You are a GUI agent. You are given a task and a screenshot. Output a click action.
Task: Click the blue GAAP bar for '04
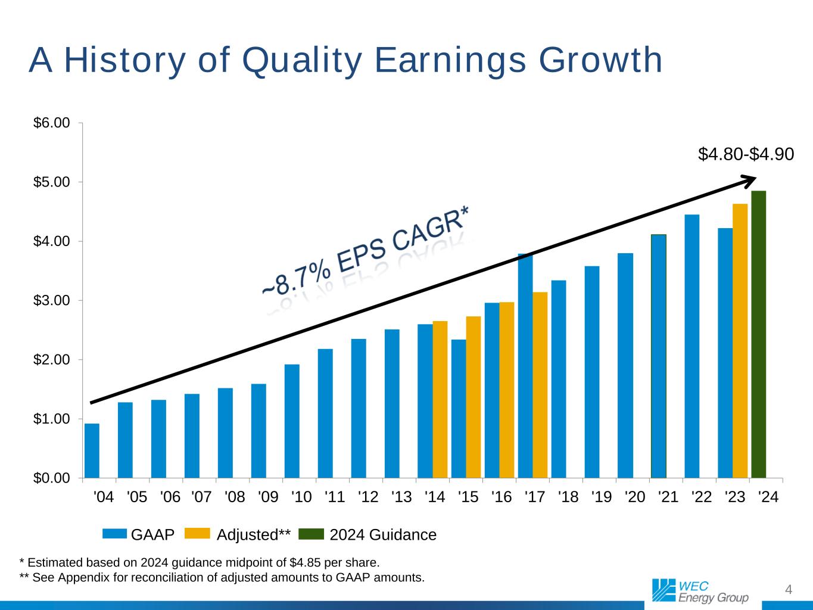click(92, 451)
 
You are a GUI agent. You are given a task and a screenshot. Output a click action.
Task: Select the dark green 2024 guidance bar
click(758, 335)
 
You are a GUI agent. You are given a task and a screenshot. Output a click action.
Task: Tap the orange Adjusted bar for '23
click(740, 341)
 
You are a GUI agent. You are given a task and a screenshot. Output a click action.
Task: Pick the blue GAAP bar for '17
click(525, 366)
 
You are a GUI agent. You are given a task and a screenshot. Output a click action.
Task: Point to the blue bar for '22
click(691, 346)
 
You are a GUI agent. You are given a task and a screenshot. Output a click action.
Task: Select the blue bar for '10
click(292, 421)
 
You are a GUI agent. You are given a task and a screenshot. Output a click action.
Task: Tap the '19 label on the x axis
click(602, 497)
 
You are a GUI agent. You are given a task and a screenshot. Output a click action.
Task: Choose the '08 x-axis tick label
click(235, 497)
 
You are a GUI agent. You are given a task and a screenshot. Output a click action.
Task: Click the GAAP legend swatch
click(114, 534)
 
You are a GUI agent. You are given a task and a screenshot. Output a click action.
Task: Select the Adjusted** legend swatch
click(198, 534)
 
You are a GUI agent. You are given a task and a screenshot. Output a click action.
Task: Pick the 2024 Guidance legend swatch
click(310, 534)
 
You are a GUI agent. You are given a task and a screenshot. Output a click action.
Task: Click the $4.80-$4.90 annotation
click(746, 154)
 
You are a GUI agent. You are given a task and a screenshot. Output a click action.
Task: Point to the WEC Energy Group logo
click(700, 590)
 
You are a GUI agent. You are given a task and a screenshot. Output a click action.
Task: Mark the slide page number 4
click(789, 590)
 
